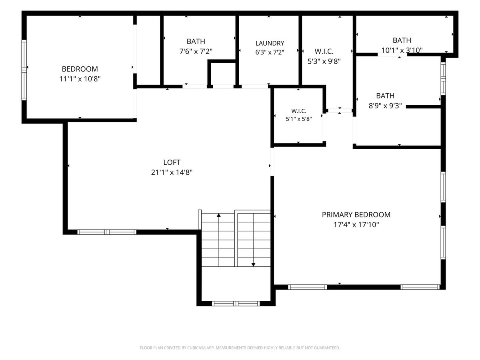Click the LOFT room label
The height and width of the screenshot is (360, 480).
[x=172, y=162]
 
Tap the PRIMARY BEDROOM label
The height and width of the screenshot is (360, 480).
[x=356, y=215]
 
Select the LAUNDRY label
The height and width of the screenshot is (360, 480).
[x=270, y=43]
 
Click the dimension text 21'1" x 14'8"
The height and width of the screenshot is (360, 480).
[x=172, y=172]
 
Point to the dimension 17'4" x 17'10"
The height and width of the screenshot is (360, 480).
[x=356, y=225]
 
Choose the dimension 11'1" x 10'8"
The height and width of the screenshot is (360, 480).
[x=80, y=79]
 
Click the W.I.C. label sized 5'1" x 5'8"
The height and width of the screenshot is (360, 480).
[x=299, y=111]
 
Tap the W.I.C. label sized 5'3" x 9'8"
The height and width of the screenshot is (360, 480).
[x=324, y=52]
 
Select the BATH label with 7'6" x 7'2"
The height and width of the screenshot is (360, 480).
[x=196, y=41]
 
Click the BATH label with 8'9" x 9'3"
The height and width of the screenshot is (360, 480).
[x=385, y=96]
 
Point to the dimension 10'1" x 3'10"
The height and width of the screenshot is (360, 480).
[x=402, y=50]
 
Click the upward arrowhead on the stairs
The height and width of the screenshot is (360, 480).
[x=219, y=215]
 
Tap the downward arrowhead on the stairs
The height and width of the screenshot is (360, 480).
[x=253, y=265]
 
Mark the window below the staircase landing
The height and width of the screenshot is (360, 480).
[x=236, y=303]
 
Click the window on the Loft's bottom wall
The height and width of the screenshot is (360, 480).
[x=107, y=232]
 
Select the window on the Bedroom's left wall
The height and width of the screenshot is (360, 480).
[x=24, y=70]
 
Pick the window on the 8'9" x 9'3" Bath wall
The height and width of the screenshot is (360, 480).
[x=443, y=79]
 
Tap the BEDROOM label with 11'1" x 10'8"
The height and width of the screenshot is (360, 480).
[x=80, y=69]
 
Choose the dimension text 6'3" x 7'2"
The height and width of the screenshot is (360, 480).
[x=270, y=52]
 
